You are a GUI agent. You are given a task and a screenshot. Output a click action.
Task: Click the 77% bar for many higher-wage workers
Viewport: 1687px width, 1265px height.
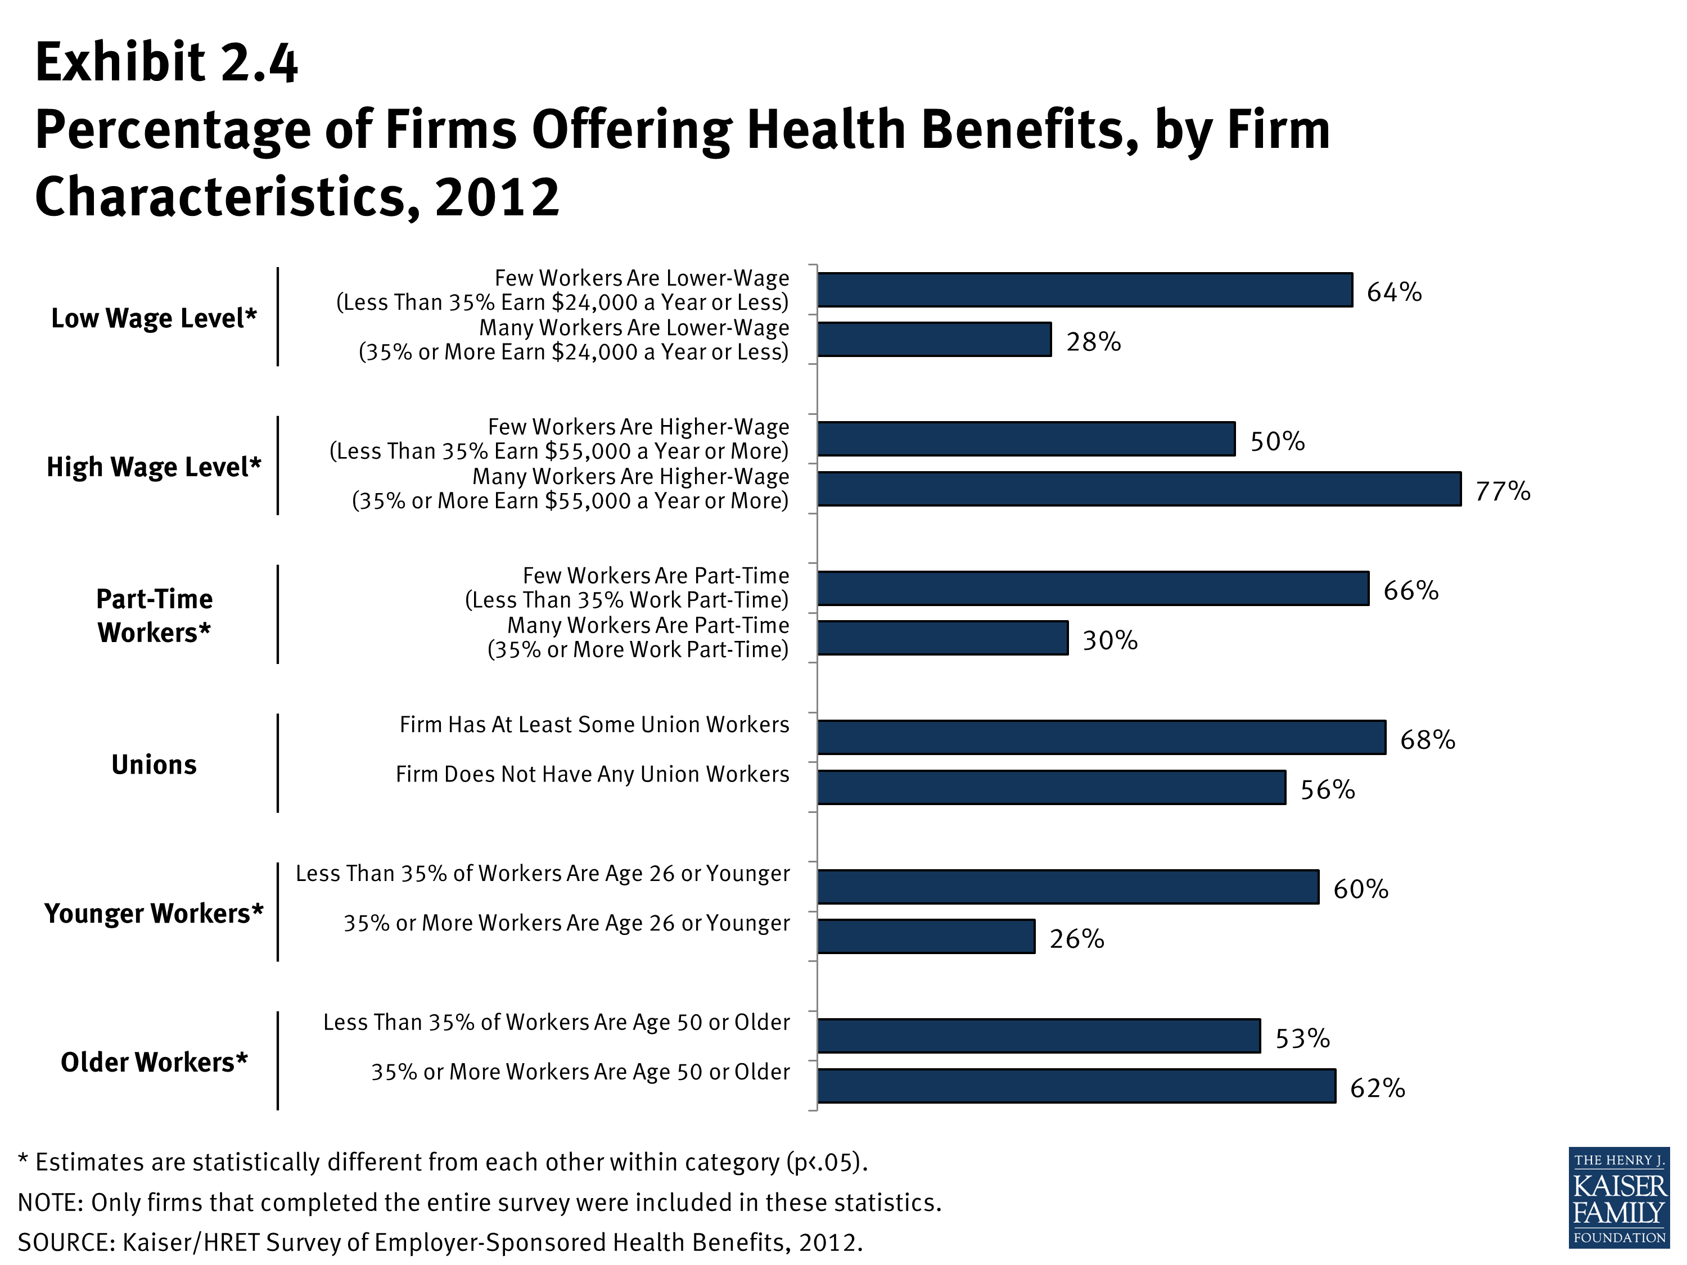pos(1139,489)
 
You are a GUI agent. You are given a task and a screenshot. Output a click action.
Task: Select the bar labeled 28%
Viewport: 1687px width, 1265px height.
pos(934,340)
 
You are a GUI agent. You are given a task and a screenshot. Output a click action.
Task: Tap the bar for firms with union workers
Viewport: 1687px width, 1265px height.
pos(1101,737)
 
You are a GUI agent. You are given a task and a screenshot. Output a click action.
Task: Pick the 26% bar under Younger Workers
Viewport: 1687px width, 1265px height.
pos(926,936)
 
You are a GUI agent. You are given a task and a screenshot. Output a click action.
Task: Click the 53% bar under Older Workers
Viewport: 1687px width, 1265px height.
pos(1039,1036)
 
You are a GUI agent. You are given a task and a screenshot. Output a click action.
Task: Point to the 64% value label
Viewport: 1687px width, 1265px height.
pos(1393,292)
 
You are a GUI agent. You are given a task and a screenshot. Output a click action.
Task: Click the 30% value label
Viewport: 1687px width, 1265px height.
pos(1109,640)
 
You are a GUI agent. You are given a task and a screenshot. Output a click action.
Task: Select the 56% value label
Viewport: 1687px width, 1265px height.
pos(1327,790)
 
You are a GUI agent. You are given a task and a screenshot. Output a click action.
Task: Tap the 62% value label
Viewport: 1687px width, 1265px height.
pos(1377,1088)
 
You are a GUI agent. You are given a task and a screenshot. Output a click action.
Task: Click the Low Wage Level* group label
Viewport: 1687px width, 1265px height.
pos(154,318)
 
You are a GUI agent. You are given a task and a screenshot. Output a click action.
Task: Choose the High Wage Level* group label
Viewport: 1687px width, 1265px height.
pos(154,467)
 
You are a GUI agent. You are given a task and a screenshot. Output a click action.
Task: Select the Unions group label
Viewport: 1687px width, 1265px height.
pos(154,765)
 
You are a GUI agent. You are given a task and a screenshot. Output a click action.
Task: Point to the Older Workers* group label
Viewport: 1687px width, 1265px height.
pos(154,1062)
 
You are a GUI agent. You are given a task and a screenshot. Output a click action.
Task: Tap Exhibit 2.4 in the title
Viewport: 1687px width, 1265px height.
pos(166,62)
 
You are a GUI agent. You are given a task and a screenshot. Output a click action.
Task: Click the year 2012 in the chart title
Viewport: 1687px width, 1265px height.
pos(497,197)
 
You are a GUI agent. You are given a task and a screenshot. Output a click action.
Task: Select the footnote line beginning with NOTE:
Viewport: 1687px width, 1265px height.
pos(480,1203)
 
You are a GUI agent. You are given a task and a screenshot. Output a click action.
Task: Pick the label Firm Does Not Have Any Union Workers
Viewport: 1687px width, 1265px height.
pos(592,775)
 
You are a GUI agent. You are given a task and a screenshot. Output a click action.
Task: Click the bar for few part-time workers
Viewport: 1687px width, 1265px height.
pos(1093,589)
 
